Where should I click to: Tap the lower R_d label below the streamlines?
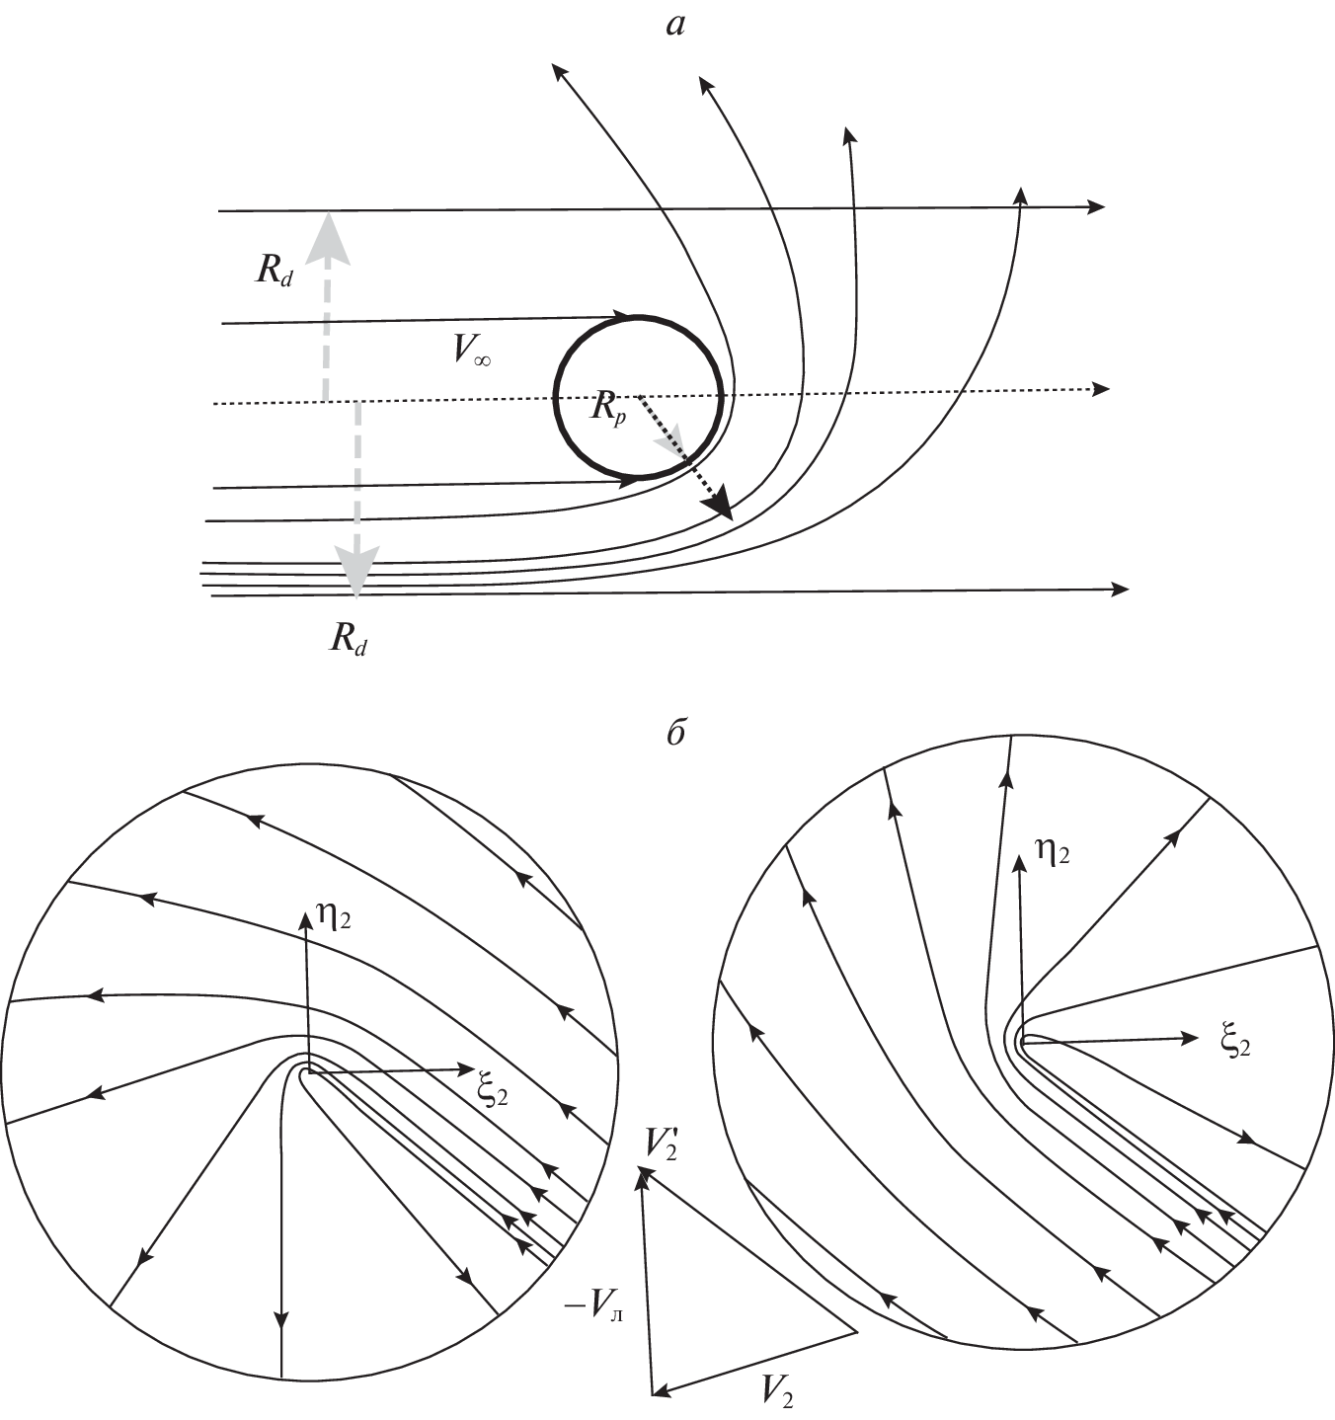point(350,642)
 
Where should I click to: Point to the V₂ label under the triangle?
point(777,1391)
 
